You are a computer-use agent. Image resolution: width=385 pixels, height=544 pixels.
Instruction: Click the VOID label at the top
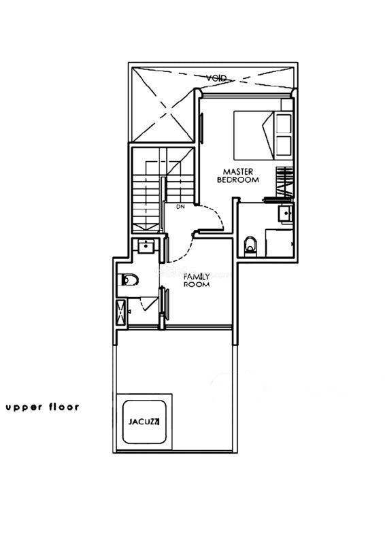pos(216,78)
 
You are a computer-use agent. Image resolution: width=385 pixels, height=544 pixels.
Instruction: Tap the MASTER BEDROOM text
pos(238,175)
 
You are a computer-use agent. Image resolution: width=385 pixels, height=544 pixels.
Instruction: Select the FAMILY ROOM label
pos(197,280)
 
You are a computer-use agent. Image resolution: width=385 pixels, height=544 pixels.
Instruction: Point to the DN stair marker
pos(180,207)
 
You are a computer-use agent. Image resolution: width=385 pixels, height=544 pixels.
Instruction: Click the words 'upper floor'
pos(42,407)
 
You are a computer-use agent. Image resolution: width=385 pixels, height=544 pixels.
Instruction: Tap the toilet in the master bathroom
pos(250,245)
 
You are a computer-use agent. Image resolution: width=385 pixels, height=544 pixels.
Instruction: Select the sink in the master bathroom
pos(286,213)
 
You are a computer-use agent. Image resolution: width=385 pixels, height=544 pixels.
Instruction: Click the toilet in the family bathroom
pos(130,279)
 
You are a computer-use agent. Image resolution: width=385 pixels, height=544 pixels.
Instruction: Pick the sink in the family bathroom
pos(147,247)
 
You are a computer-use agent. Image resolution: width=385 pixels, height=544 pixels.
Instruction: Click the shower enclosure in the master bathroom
pos(279,243)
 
